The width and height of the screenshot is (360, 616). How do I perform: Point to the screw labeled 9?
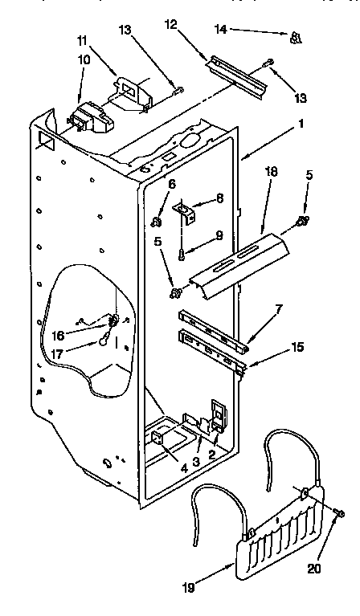pos(183,255)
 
